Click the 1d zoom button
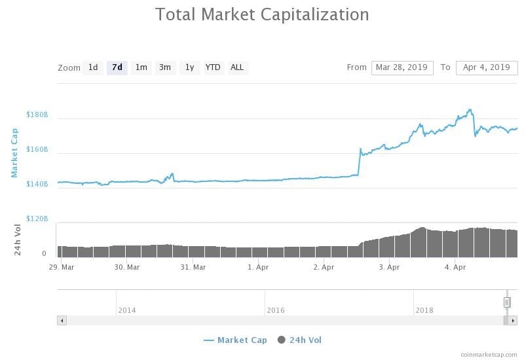[x=93, y=67]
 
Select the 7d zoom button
[x=117, y=67]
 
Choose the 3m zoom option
[x=165, y=67]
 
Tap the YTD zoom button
[x=213, y=67]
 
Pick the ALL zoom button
[x=237, y=67]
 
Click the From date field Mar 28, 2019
[x=402, y=67]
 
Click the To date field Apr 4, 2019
[x=486, y=67]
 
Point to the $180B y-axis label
[x=37, y=115]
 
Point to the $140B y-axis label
[x=37, y=184]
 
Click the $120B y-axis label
[x=37, y=219]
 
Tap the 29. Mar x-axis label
[x=63, y=267]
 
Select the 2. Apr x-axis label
[x=324, y=267]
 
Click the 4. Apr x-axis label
[x=455, y=267]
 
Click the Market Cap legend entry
[x=235, y=340]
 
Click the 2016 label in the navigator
[x=276, y=310]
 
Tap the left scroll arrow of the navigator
[x=62, y=321]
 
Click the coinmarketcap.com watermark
[x=488, y=354]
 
